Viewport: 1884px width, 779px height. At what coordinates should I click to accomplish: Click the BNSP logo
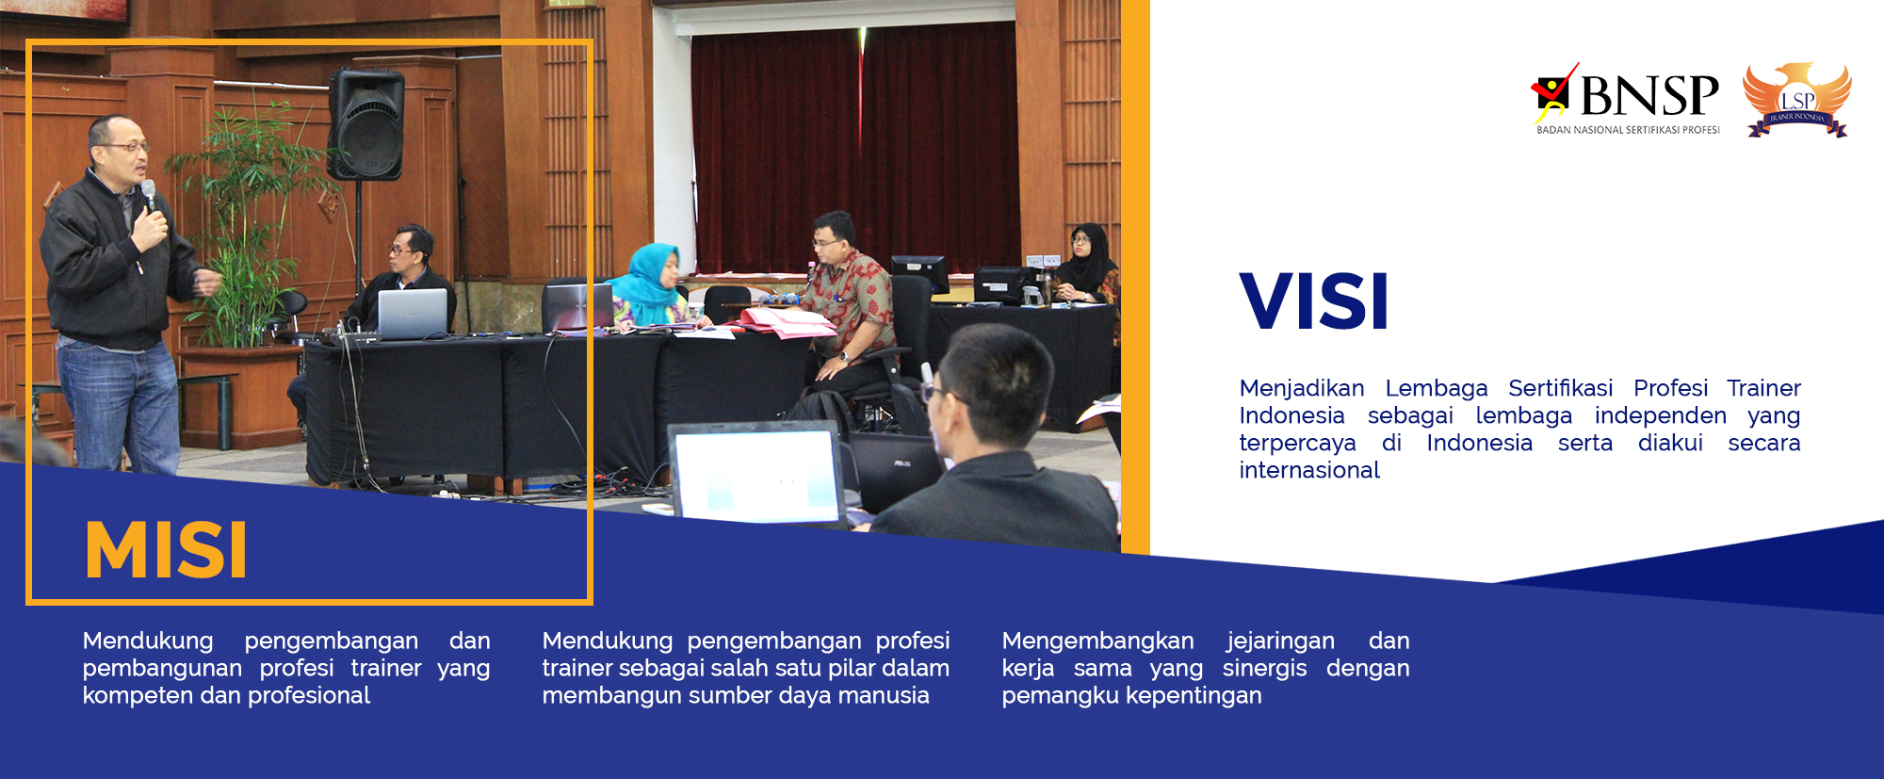[x=1626, y=96]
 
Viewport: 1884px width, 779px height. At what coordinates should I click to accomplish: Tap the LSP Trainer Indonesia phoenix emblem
[x=1797, y=99]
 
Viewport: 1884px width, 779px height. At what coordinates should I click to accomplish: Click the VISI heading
[x=1314, y=302]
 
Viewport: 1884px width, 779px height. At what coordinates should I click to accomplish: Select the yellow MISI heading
[x=166, y=550]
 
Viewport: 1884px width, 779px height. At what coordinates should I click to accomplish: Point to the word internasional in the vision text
[x=1309, y=470]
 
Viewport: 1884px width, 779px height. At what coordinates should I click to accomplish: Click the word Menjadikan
[x=1301, y=388]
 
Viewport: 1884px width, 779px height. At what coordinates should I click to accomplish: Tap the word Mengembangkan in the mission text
[x=1097, y=641]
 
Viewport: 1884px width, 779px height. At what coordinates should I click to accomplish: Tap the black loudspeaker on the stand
[x=366, y=123]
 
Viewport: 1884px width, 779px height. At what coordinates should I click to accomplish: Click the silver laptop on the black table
[x=413, y=313]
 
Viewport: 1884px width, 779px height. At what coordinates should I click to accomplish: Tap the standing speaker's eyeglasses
[x=126, y=147]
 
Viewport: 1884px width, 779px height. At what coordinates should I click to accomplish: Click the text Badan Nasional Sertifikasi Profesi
[x=1628, y=130]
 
